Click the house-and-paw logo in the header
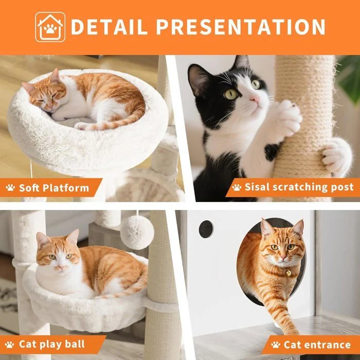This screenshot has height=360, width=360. [x=50, y=27]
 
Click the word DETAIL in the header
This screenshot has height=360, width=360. [x=109, y=27]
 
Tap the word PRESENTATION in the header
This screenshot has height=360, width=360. [x=241, y=27]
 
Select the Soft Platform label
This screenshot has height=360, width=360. [x=54, y=188]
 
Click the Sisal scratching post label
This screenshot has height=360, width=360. [x=299, y=187]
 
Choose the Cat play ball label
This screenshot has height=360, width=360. [x=52, y=345]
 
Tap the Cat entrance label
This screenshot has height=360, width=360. [x=317, y=345]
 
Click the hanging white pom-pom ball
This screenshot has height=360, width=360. [x=137, y=232]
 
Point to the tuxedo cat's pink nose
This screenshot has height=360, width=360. [x=255, y=99]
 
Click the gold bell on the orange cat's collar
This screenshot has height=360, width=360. [x=289, y=273]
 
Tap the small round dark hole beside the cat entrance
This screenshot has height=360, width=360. [x=206, y=229]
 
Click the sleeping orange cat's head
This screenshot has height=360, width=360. [x=45, y=92]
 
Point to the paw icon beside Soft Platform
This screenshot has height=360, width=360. [x=10, y=188]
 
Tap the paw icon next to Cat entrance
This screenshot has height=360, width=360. [x=276, y=345]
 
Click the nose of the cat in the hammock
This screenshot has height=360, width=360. [x=61, y=267]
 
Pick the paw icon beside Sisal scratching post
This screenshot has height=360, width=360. [x=237, y=187]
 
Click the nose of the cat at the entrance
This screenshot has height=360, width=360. [x=283, y=257]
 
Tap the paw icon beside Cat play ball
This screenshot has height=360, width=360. [x=10, y=345]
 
